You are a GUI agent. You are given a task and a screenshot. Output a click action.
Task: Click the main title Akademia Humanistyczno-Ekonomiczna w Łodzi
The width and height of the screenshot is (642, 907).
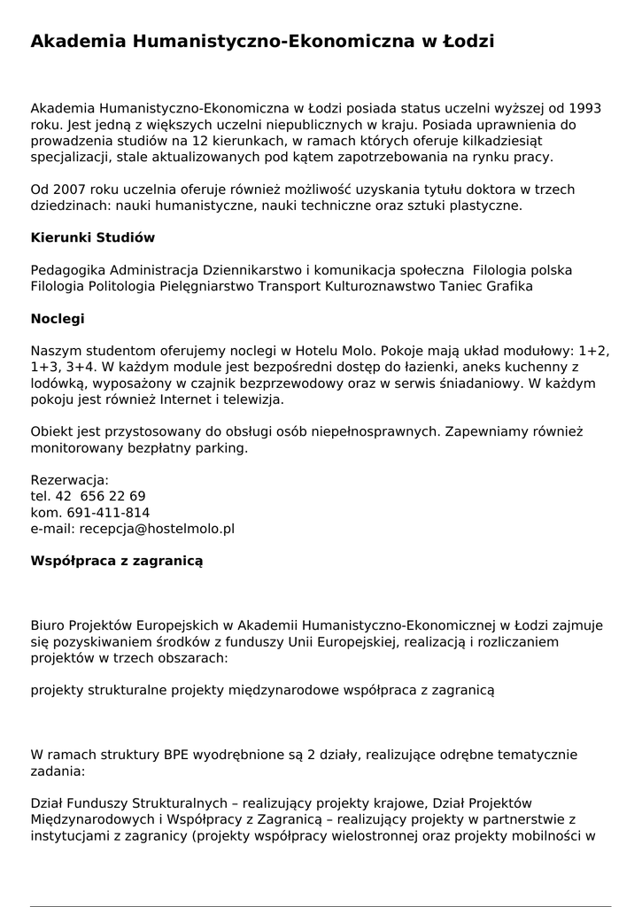click(x=262, y=42)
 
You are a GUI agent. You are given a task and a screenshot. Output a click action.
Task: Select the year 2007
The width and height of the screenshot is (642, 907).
click(x=72, y=190)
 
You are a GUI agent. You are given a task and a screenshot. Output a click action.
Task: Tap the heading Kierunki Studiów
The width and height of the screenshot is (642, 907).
click(x=93, y=237)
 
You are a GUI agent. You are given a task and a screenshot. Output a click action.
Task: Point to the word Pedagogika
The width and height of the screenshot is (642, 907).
click(x=68, y=269)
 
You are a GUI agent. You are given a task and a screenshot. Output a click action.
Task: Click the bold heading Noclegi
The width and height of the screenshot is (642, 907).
click(x=58, y=318)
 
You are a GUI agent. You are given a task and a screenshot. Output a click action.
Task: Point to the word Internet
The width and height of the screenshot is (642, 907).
click(x=182, y=399)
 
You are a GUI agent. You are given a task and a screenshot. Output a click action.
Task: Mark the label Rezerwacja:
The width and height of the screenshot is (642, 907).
click(x=69, y=480)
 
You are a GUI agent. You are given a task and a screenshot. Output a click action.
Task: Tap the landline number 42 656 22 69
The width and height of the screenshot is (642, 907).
click(x=101, y=496)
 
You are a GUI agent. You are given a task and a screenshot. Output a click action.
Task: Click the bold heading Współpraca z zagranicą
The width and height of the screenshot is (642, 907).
click(x=117, y=561)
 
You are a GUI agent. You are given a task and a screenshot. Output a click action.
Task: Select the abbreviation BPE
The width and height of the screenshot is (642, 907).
click(x=174, y=755)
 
